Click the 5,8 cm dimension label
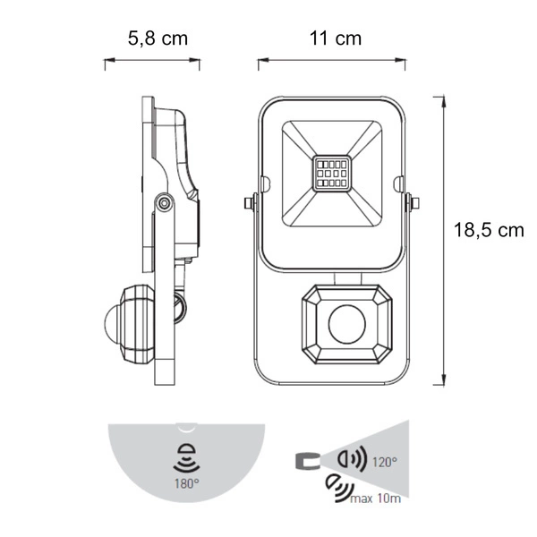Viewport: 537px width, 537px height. (x=158, y=38)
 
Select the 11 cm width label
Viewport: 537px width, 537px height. (x=336, y=38)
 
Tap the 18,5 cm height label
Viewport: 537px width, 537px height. (x=489, y=230)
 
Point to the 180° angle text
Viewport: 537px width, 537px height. (x=187, y=483)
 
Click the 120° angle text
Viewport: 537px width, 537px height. (x=385, y=462)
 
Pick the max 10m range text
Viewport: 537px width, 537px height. (x=375, y=499)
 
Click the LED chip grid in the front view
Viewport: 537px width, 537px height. (x=331, y=174)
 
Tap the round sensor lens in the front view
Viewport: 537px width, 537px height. (x=347, y=324)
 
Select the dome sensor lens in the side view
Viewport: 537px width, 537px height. (x=111, y=324)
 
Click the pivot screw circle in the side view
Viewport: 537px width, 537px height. (x=164, y=203)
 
